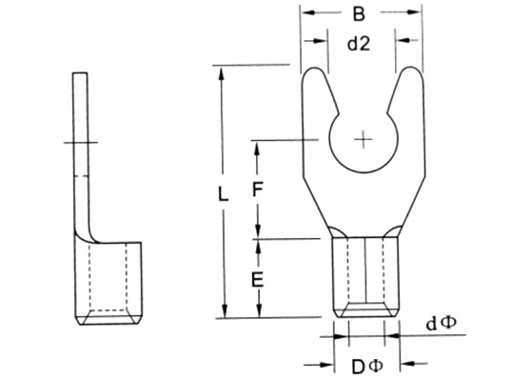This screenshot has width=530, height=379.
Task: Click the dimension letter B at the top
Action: [359, 14]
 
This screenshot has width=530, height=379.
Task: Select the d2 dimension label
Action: [359, 44]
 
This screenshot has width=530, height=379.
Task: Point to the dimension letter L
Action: [223, 194]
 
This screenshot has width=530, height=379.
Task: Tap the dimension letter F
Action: [258, 189]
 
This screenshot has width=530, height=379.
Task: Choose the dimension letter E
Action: [258, 280]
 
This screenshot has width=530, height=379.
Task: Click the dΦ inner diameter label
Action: [441, 324]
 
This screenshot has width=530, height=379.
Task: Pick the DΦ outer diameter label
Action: [367, 366]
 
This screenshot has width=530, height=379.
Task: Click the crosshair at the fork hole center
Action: [363, 139]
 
